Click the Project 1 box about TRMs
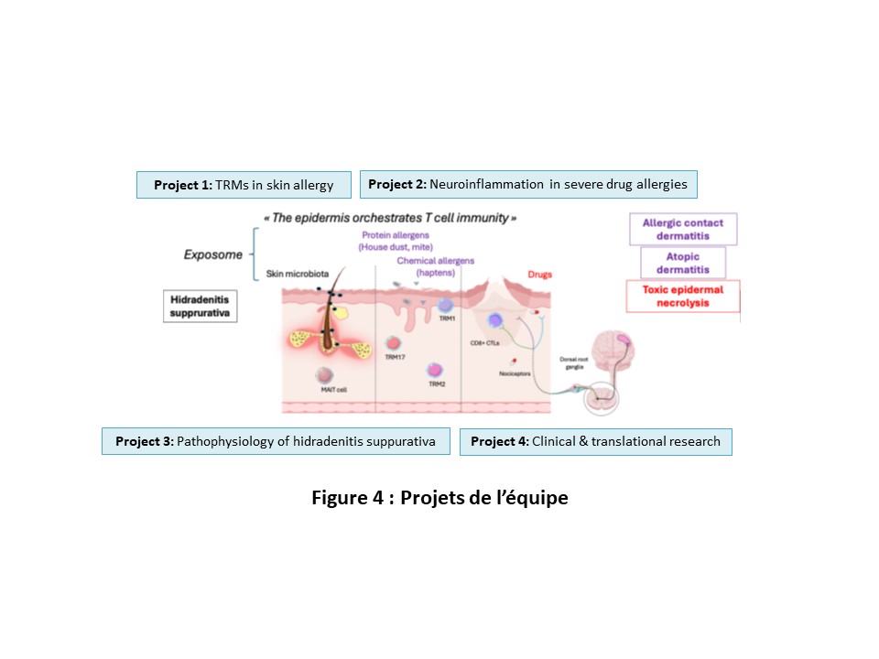click(244, 185)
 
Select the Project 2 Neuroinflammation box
click(527, 184)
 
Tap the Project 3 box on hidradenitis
click(276, 441)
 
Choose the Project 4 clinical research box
click(595, 441)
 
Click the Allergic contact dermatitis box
click(682, 229)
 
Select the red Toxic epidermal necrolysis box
click(682, 296)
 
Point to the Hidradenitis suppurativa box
click(199, 306)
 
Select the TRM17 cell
click(394, 340)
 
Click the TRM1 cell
click(446, 307)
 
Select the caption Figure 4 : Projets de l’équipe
click(439, 498)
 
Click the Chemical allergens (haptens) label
click(435, 266)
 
